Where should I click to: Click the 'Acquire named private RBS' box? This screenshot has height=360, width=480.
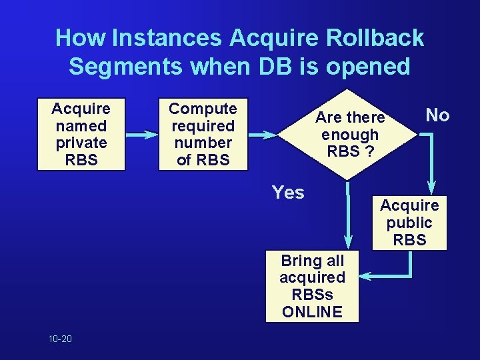pos(80,134)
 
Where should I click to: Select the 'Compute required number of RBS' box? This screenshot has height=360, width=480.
pos(203,134)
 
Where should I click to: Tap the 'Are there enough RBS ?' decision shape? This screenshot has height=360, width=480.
pos(350,134)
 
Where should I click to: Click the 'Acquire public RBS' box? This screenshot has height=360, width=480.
pos(409,223)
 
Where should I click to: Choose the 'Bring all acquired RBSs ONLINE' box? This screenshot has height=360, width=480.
pos(312,286)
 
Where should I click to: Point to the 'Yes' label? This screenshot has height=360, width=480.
pos(288,193)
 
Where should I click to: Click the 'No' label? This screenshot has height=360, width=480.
pos(437,115)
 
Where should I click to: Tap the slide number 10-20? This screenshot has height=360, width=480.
pos(60,339)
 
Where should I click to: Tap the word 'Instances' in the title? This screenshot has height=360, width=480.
pos(166,38)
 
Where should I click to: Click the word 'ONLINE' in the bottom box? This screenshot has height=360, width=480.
pos(312,312)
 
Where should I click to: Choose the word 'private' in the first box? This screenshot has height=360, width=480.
pos(80,143)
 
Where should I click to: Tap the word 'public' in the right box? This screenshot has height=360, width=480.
pos(409,223)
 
